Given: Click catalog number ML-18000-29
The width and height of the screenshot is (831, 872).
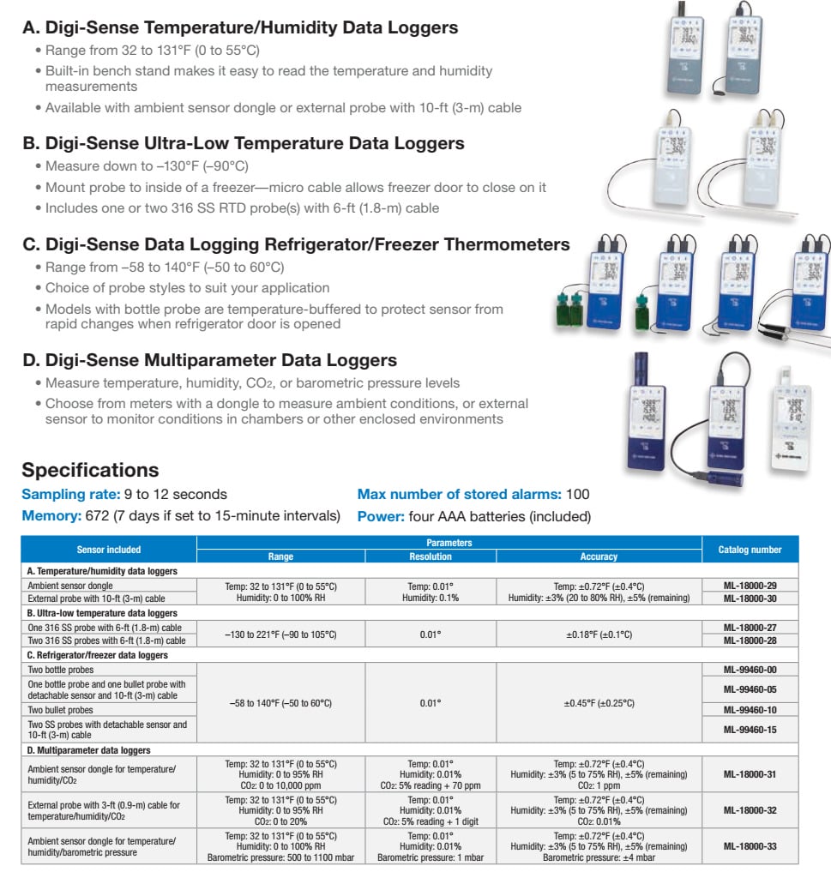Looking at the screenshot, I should point(750,585).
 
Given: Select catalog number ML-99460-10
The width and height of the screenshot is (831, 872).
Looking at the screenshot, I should point(750,710).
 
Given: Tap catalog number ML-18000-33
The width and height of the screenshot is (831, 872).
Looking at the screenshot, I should point(750,846).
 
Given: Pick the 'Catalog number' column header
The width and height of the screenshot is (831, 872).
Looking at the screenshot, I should point(750,550).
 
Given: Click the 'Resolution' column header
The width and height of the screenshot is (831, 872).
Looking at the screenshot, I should point(430,556).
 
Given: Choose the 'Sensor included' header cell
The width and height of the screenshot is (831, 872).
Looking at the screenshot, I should point(109,550).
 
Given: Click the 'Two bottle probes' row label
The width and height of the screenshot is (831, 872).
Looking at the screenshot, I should point(58,669).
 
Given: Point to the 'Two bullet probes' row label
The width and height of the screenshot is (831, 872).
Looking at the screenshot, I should point(60,710).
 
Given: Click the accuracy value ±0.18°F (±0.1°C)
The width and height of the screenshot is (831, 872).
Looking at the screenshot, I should point(599,634).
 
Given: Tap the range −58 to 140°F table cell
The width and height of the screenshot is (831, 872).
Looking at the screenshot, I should point(280,703).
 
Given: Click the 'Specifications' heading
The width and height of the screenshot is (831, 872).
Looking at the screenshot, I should point(90,470).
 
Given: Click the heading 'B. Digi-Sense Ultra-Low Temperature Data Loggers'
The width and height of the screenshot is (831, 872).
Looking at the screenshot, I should point(244,143).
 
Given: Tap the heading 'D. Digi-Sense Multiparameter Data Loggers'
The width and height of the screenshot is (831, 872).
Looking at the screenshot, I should point(209,360).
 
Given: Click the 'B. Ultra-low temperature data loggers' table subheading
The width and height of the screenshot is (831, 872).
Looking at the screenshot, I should point(102,613).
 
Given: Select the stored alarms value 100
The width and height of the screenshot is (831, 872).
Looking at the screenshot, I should point(577,495).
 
